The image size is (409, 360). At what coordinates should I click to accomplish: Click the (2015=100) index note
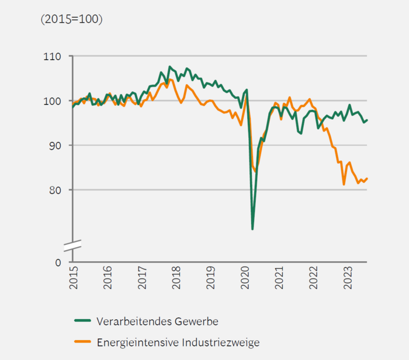point(71,19)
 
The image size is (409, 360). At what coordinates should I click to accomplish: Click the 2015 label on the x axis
point(73,279)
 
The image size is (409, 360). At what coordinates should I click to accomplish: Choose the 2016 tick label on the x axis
point(108,279)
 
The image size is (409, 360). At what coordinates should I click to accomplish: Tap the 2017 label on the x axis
point(142,279)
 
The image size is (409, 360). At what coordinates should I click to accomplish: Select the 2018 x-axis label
point(176,279)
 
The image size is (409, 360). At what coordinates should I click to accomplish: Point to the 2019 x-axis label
point(210,279)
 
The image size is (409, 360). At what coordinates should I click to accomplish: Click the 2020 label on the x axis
point(245,279)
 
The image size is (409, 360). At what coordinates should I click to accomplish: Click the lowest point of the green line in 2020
point(252,229)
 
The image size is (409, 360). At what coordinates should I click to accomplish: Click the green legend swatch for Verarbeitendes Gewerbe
point(82,321)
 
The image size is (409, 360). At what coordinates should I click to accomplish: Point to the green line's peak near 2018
point(169,67)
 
